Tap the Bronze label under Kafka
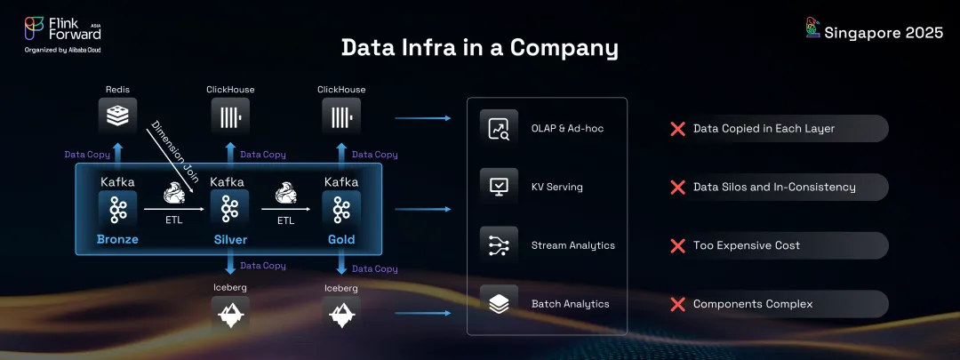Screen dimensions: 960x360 coord(117,239)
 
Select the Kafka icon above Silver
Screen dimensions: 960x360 coord(229,209)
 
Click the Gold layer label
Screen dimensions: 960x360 coord(341,239)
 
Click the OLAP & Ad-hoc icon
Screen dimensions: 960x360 coord(499,129)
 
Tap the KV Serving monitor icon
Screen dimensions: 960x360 coord(499,187)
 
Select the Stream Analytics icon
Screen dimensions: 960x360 coord(499,245)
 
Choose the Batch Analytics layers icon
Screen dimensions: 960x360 coord(499,304)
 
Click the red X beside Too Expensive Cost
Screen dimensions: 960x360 coord(677,245)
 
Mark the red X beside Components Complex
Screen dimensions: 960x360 coord(677,304)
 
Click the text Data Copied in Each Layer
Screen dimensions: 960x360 coord(764,129)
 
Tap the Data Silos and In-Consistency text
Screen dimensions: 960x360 coord(774,187)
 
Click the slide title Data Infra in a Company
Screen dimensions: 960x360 coord(479,48)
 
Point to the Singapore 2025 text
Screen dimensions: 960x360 coord(884,33)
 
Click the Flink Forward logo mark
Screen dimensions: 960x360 coord(34,28)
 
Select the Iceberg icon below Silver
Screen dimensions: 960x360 coord(229,314)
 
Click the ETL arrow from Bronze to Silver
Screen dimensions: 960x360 coord(174,210)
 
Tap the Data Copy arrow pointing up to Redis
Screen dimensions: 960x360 coord(118,154)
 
